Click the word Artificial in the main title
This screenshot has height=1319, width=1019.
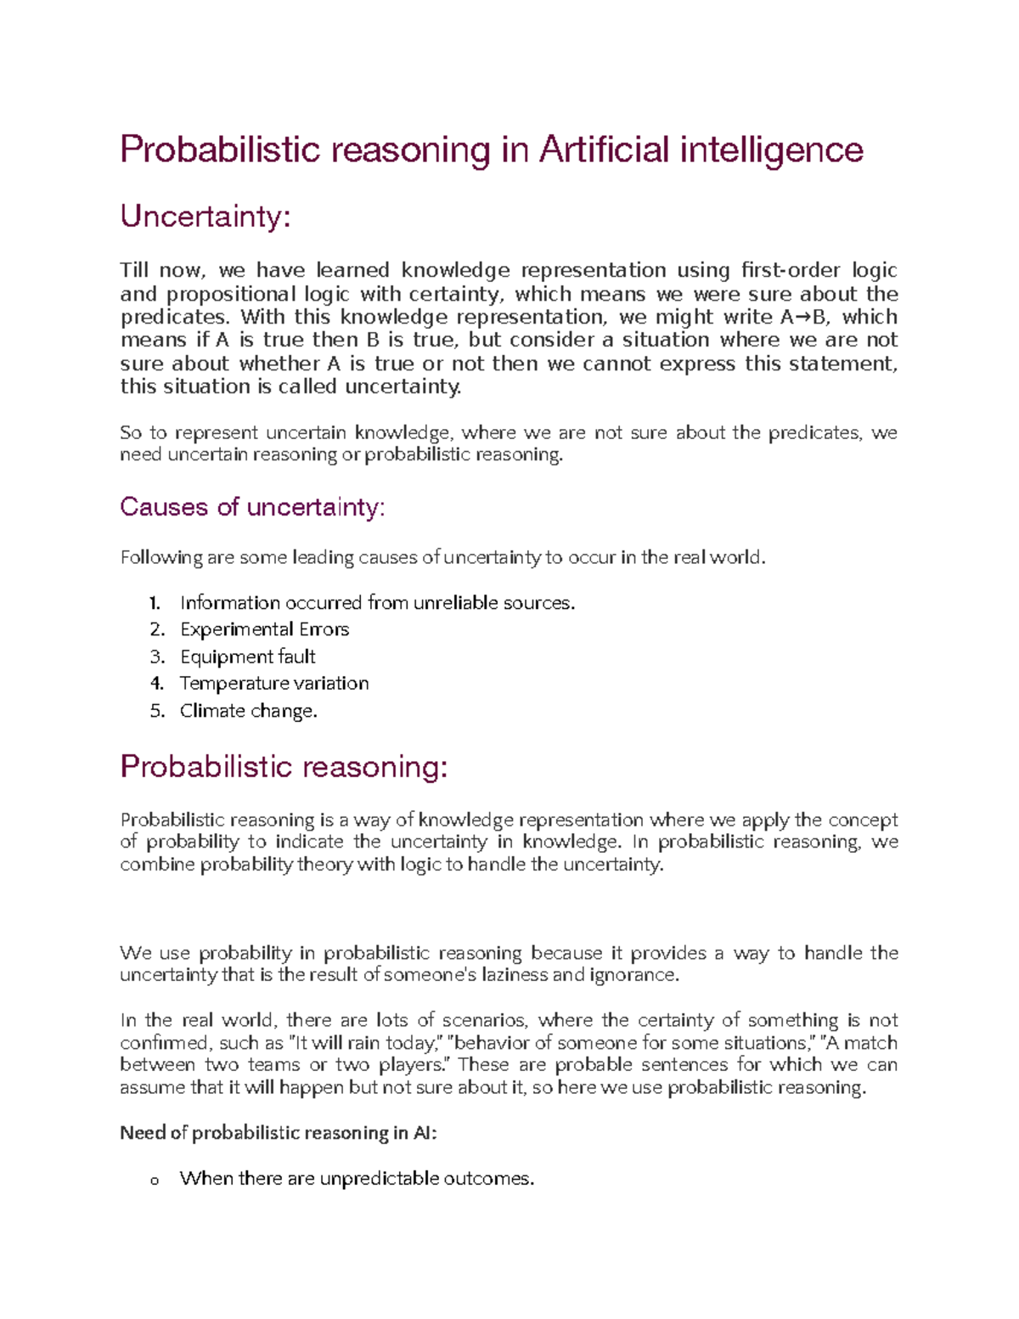(x=604, y=150)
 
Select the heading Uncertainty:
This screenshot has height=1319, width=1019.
(x=205, y=217)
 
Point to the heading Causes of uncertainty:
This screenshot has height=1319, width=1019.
(x=252, y=507)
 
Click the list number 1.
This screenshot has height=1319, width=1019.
(x=155, y=603)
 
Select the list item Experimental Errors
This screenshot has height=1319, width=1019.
(x=264, y=629)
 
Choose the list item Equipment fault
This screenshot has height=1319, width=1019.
(x=247, y=657)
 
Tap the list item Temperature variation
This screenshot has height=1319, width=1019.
(x=274, y=684)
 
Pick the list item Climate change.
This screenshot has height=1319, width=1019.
(x=248, y=711)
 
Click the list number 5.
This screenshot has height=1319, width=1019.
(x=156, y=711)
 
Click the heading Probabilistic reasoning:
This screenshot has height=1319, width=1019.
(x=284, y=767)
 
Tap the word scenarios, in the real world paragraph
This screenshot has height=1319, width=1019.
(x=485, y=1020)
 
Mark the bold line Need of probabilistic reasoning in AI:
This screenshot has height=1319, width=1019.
(x=279, y=1133)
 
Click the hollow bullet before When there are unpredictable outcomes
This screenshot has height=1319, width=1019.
(x=154, y=1181)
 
